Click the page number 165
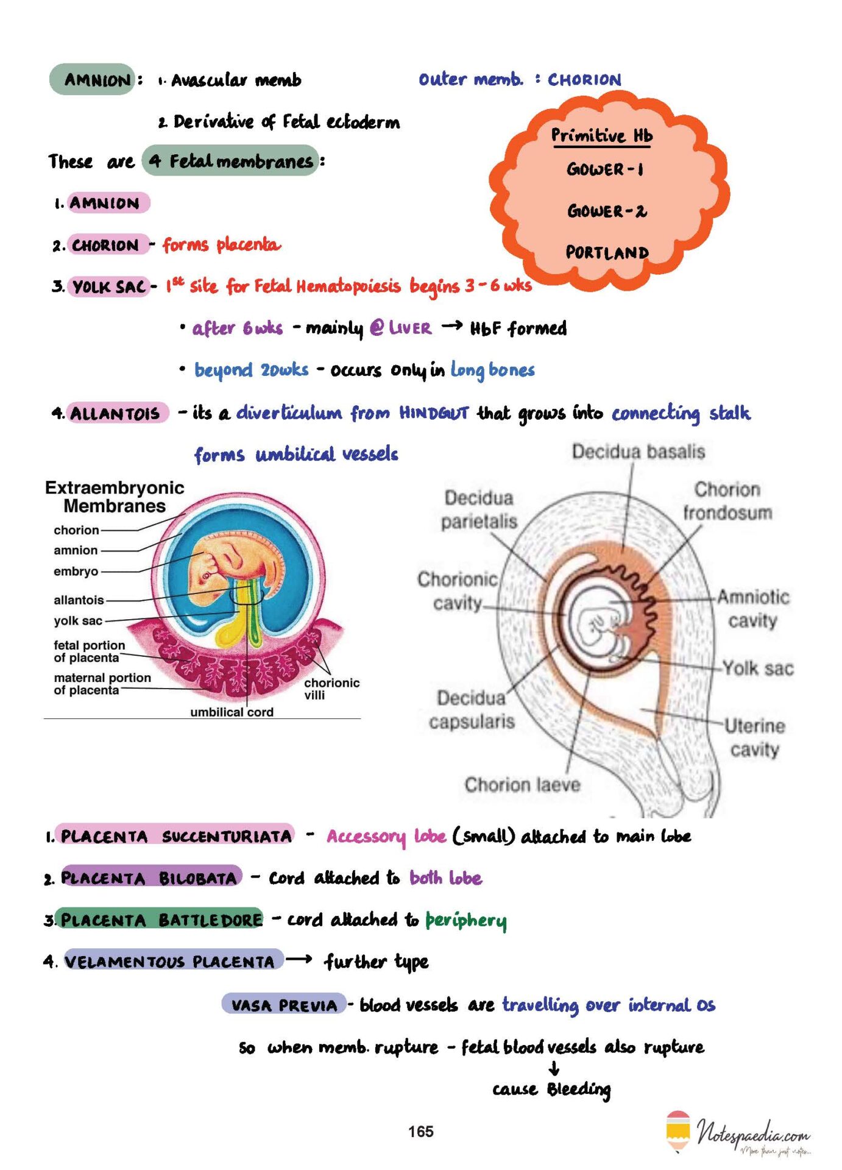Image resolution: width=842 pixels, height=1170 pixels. click(x=420, y=1132)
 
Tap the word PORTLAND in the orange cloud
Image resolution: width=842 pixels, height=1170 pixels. click(x=607, y=252)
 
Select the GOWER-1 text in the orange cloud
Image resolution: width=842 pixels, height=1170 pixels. click(x=605, y=169)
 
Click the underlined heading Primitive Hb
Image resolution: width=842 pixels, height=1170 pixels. click(x=601, y=135)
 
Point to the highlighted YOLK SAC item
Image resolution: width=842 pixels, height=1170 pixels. click(x=109, y=286)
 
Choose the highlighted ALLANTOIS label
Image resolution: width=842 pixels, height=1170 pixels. click(x=116, y=413)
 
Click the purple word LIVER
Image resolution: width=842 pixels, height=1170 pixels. click(x=409, y=328)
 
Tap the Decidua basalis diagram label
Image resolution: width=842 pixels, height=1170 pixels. click(x=638, y=452)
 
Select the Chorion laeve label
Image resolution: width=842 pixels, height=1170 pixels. click(x=522, y=784)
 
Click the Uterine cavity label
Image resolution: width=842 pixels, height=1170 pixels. click(x=754, y=737)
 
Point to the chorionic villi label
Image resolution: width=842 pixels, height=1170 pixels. click(x=331, y=689)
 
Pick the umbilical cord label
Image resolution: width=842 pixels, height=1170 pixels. click(x=232, y=712)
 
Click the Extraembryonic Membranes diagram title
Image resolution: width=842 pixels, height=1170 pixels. click(x=115, y=497)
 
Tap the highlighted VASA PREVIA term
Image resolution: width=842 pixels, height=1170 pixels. click(x=284, y=1005)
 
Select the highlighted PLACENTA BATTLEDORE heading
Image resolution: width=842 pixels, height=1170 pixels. click(x=160, y=920)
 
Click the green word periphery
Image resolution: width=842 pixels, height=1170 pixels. click(x=465, y=921)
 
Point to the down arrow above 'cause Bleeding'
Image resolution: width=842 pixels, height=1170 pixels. click(x=554, y=1068)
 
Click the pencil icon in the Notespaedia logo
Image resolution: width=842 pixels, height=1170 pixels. click(x=678, y=1132)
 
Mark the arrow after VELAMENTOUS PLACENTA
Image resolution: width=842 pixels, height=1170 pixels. click(x=299, y=960)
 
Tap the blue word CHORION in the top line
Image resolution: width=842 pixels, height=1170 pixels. click(x=584, y=80)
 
